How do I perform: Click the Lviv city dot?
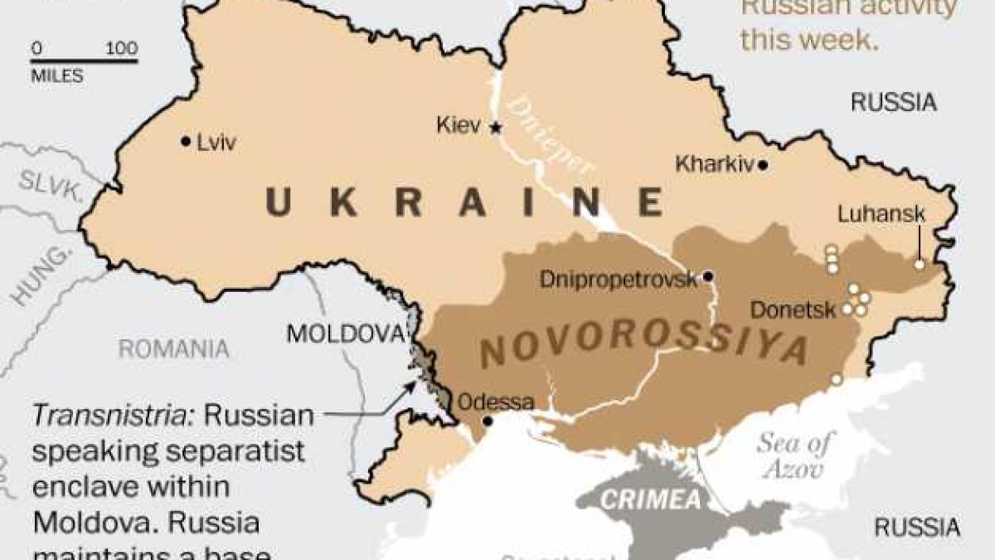coord(186,142)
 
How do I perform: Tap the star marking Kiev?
coord(496,128)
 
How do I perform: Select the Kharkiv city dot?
coord(763,165)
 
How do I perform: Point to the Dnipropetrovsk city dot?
coord(708,276)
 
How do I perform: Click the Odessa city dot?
coord(488,421)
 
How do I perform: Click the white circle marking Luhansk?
coord(919,264)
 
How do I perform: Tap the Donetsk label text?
coord(793,310)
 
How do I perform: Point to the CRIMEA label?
coord(651,501)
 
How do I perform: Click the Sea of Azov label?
coord(793,455)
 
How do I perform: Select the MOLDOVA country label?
coord(344,334)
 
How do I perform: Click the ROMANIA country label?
coord(173,349)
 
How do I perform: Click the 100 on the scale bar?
coord(122,48)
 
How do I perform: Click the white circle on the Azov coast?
coord(837,379)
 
